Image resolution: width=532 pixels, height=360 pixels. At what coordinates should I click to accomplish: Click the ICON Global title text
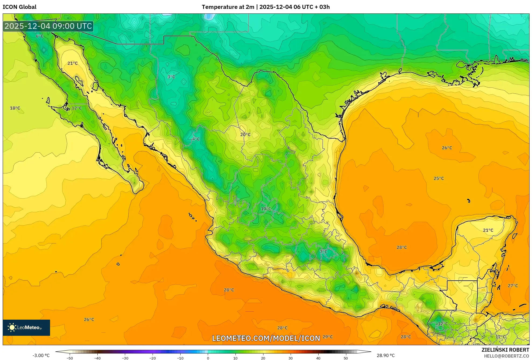pos(19,7)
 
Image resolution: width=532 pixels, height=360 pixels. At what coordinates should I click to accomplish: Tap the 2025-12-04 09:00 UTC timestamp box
pos(48,26)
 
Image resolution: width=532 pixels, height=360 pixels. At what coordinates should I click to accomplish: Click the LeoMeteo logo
pos(26,327)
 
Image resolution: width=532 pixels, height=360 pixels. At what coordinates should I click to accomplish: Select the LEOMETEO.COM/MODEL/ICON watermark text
pos(266,338)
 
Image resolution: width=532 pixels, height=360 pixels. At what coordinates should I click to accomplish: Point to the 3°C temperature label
pos(171,77)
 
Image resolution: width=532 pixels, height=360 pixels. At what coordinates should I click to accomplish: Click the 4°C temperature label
pos(196,139)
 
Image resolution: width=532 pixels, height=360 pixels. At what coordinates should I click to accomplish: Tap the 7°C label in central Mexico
pos(323,251)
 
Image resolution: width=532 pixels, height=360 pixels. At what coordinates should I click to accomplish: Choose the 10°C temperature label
pos(266,209)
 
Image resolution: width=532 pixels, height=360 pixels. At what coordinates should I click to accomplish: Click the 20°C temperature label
pos(245,134)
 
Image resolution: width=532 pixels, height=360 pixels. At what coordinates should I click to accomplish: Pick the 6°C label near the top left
pos(40,36)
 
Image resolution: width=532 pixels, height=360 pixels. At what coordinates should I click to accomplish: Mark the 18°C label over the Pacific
pos(15,108)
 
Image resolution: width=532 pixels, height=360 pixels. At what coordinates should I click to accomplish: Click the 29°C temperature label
pos(327,337)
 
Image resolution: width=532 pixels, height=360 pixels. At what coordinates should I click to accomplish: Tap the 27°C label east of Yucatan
pos(513,285)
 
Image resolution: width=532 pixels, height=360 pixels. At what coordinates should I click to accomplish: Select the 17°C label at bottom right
pos(501,337)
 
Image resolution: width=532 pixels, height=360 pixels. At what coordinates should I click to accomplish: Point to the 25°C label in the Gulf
pos(439,178)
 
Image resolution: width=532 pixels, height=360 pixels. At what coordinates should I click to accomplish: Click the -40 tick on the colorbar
pos(97,358)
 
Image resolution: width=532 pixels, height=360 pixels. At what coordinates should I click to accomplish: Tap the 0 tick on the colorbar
pos(208,358)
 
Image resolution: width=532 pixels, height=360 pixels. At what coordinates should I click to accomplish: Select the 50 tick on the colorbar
pos(346,358)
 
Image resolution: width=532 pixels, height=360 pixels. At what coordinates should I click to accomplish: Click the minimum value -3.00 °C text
pos(41,355)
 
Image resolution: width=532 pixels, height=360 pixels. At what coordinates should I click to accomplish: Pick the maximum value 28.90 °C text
pos(386,355)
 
